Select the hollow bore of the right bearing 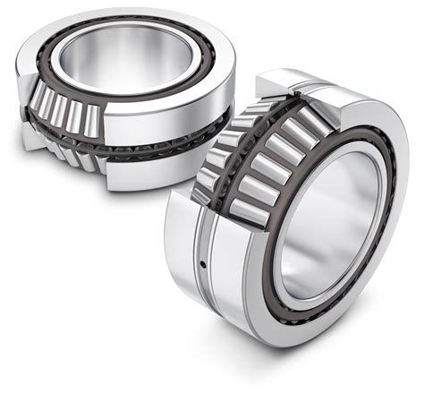click(324, 235)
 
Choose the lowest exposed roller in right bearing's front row click(244, 208)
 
